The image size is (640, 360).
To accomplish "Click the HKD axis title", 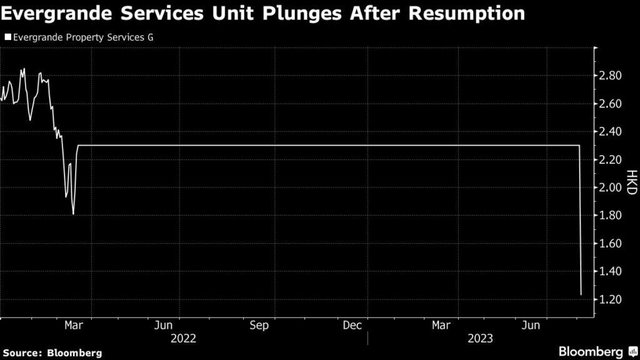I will (x=631, y=181).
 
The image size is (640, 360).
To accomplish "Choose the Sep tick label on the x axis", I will (x=259, y=325).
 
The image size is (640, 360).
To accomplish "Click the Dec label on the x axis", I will (x=352, y=325).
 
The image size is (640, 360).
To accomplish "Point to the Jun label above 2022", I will (x=163, y=325).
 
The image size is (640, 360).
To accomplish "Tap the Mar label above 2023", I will (x=442, y=325).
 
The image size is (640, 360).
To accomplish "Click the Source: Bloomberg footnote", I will (x=52, y=352).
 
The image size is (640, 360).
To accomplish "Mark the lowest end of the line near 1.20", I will (x=581, y=294).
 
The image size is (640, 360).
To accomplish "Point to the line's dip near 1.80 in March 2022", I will (x=74, y=214).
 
